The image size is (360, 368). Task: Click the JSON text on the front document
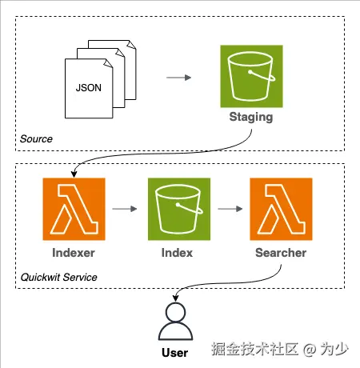pyautogui.click(x=89, y=88)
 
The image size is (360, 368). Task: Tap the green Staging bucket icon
pyautogui.click(x=251, y=76)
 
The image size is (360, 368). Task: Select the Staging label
pyautogui.click(x=251, y=118)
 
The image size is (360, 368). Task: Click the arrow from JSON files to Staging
pyautogui.click(x=178, y=78)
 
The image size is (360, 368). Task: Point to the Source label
pyautogui.click(x=36, y=139)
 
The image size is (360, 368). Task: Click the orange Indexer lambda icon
pyautogui.click(x=74, y=209)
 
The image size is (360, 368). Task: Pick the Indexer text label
pyautogui.click(x=74, y=253)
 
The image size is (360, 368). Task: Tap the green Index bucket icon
pyautogui.click(x=179, y=209)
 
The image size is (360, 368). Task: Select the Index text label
pyautogui.click(x=177, y=253)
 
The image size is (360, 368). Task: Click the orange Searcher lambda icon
pyautogui.click(x=281, y=209)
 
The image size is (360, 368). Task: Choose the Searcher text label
pyautogui.click(x=281, y=253)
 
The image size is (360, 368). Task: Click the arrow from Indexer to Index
pyautogui.click(x=125, y=209)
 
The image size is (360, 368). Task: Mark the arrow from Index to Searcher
pyautogui.click(x=230, y=209)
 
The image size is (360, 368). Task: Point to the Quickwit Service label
pyautogui.click(x=58, y=278)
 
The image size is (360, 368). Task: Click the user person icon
pyautogui.click(x=175, y=322)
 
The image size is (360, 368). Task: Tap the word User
pyautogui.click(x=175, y=353)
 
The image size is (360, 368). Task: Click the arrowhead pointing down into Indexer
pyautogui.click(x=74, y=174)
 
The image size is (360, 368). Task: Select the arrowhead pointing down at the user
pyautogui.click(x=175, y=298)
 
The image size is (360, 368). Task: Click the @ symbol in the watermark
pyautogui.click(x=310, y=350)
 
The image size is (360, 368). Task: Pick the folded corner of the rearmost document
pyautogui.click(x=133, y=45)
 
